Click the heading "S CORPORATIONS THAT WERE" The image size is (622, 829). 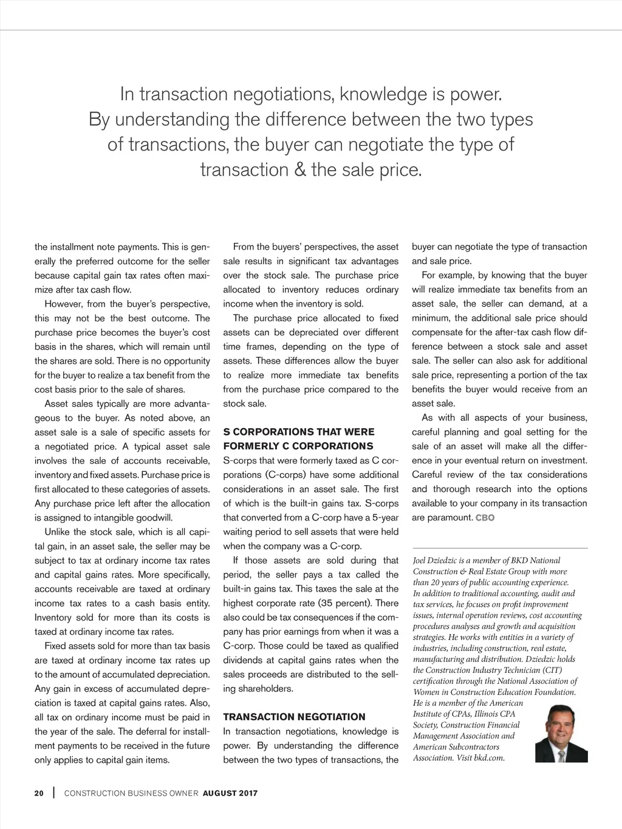299,432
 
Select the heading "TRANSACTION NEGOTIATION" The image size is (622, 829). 294,717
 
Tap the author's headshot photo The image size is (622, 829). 561,733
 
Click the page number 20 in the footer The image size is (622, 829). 39,793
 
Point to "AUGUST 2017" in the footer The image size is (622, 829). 230,793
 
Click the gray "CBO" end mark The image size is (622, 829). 485,518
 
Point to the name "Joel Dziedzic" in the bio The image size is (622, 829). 438,561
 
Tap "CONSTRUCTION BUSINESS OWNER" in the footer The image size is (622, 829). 131,793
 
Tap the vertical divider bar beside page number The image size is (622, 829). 53,793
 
